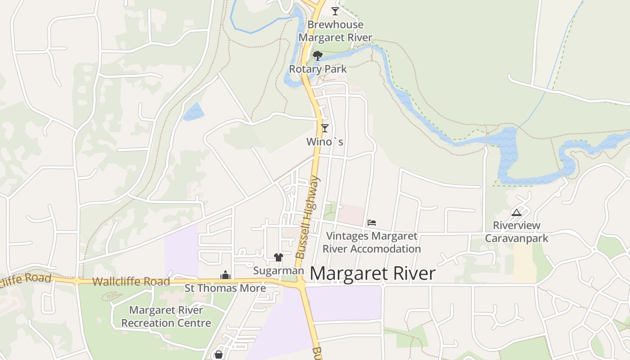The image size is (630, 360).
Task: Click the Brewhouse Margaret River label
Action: coord(335,31)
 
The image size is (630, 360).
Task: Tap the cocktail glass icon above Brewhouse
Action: coord(335,11)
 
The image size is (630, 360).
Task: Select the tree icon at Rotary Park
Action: coord(318,56)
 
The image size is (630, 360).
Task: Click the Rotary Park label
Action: coord(318,69)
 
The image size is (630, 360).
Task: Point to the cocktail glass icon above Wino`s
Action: coord(324,128)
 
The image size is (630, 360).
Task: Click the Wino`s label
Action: coord(324,142)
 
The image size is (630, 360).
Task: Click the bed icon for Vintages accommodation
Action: coord(371,222)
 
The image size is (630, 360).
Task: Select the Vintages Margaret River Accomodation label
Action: coord(372,242)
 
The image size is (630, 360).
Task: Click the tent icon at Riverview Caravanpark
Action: coord(516,212)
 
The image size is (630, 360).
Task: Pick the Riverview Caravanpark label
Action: coord(516,232)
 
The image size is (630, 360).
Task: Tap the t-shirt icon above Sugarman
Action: coord(278,257)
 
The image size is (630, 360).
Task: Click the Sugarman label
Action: coord(279,271)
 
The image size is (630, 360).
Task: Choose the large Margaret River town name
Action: coord(373,274)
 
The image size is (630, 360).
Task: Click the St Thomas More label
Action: coord(225,288)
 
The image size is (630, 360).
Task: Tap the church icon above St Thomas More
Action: coord(225,275)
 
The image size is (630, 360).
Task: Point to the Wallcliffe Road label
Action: coord(131,282)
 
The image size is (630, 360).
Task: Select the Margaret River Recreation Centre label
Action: coord(166,316)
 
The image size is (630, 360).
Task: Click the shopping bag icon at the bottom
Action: coord(219,355)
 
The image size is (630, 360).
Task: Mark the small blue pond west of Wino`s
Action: coord(193,111)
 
